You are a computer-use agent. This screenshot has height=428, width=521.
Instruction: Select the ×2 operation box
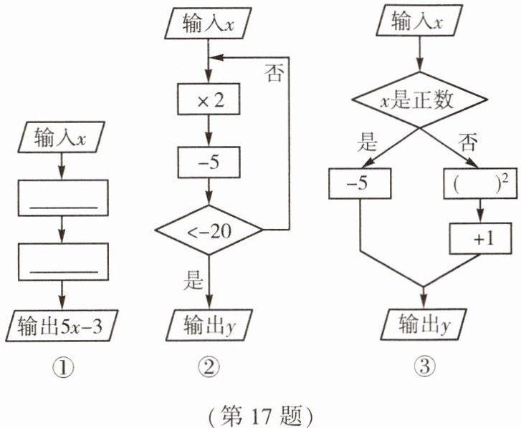coord(209,102)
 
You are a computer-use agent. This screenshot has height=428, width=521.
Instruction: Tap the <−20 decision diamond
coord(209,230)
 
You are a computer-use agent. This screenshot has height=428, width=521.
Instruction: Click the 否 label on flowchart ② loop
coord(274,73)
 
